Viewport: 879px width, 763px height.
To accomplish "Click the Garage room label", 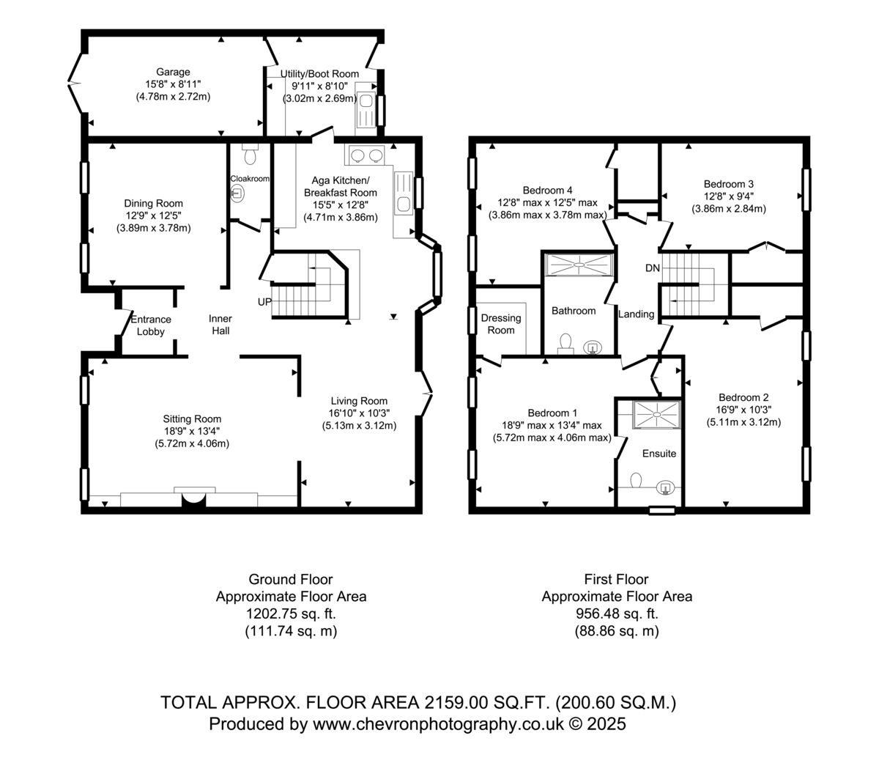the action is (x=173, y=72).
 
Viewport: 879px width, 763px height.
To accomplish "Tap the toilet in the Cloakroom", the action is (x=250, y=153).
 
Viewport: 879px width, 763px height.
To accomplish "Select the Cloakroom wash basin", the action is (x=237, y=193).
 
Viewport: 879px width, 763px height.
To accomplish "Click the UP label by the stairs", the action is (x=264, y=302).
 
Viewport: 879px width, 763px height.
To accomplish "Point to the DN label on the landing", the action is (x=652, y=268).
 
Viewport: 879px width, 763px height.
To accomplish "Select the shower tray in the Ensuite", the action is (x=656, y=415).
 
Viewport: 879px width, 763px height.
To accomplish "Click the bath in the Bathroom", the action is (x=579, y=265).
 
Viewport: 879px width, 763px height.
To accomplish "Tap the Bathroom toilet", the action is (x=565, y=344).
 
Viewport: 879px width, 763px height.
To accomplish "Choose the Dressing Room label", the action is (x=501, y=324).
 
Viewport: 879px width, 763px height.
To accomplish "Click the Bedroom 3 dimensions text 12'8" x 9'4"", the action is (x=728, y=196).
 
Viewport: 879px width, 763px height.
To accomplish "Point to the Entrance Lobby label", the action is (x=151, y=325).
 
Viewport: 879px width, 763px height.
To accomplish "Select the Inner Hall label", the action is (x=220, y=325).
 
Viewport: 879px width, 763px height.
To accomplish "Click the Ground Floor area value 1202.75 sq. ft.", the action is (x=291, y=613).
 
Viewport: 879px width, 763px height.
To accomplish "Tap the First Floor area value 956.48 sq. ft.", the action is (x=617, y=613).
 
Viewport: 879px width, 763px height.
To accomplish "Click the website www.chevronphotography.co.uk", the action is (x=438, y=724).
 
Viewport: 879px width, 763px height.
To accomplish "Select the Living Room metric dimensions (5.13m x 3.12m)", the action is (x=359, y=426).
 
